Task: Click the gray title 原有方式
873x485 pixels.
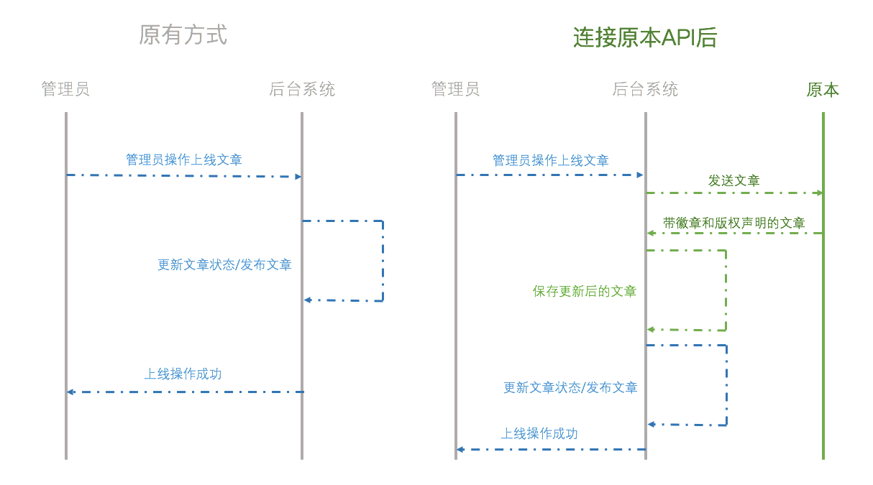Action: pyautogui.click(x=183, y=34)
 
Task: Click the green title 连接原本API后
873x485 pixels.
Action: pyautogui.click(x=645, y=37)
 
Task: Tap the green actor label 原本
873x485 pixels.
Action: pyautogui.click(x=823, y=90)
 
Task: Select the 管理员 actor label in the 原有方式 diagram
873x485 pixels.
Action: pyautogui.click(x=65, y=89)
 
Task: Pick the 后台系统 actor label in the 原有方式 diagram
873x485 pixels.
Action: pyautogui.click(x=302, y=89)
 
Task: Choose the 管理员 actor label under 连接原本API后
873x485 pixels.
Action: pyautogui.click(x=455, y=89)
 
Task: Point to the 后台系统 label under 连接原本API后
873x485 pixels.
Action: pyautogui.click(x=645, y=89)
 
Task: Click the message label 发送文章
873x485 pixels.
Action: pyautogui.click(x=733, y=180)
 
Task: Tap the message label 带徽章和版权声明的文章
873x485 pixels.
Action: pyautogui.click(x=733, y=223)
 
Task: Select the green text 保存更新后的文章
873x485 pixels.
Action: pyautogui.click(x=584, y=291)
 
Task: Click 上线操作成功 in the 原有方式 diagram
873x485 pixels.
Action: pyautogui.click(x=183, y=374)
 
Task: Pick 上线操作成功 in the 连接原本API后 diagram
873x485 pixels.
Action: pyautogui.click(x=539, y=433)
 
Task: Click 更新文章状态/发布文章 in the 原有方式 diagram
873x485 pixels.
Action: pyautogui.click(x=224, y=264)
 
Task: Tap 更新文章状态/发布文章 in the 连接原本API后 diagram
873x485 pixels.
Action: pyautogui.click(x=570, y=387)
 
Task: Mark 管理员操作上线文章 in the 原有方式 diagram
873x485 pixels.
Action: pyautogui.click(x=184, y=160)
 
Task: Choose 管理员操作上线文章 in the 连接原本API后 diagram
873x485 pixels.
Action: pyautogui.click(x=550, y=160)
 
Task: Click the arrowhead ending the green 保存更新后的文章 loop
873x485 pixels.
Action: pyautogui.click(x=650, y=330)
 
